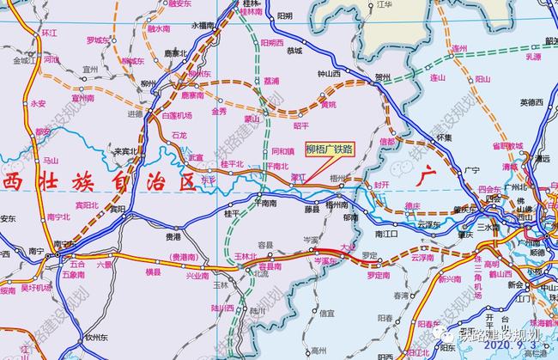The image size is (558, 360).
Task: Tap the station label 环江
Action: tap(49, 33)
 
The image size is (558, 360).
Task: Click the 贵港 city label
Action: tap(173, 235)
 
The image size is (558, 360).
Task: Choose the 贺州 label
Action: tap(382, 77)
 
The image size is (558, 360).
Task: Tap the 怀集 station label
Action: tap(444, 137)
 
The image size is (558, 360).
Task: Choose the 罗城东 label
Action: tap(99, 40)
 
